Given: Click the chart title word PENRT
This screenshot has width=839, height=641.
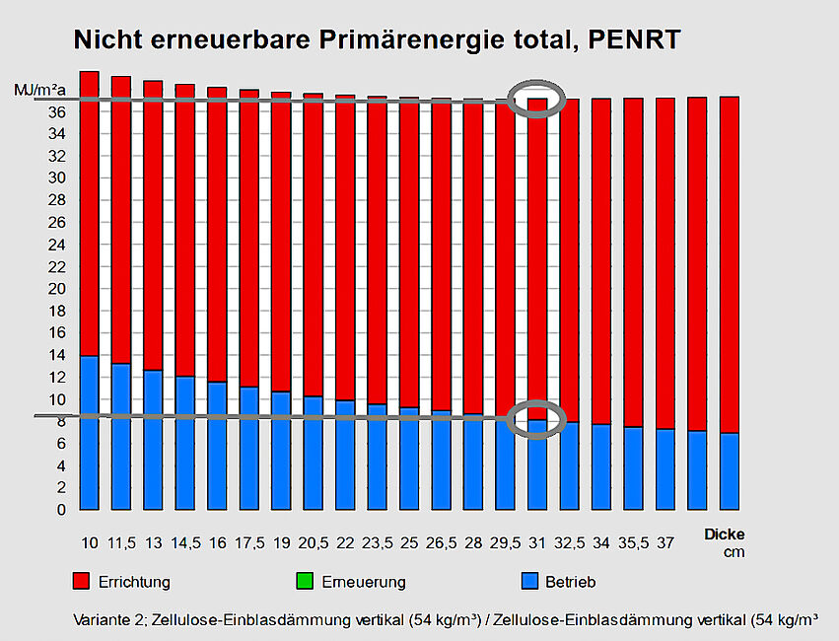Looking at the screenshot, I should (632, 40).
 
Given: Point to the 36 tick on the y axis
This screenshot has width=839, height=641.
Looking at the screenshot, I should (57, 112).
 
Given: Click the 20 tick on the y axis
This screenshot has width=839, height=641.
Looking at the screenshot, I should (57, 289).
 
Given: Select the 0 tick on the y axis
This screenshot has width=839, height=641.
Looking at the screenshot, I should (61, 510).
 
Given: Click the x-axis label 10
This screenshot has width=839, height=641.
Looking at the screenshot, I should (89, 543).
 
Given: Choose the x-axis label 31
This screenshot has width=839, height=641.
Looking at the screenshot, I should (537, 543).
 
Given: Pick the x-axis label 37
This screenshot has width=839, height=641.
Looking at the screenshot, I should (665, 543).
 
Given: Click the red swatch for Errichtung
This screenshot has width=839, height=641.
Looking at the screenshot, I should (82, 580).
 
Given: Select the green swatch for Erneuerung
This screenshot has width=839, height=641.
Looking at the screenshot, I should (305, 580).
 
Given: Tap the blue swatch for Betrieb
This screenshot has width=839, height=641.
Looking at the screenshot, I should (528, 580).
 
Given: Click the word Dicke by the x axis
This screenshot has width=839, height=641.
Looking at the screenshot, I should (725, 534).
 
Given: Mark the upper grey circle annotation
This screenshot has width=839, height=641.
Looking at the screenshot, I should (536, 99).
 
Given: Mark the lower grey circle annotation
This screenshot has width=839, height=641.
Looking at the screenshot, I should (536, 419).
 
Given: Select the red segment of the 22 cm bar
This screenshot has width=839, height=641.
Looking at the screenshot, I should (345, 247).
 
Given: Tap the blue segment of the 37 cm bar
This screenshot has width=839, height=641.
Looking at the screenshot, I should (665, 469).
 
